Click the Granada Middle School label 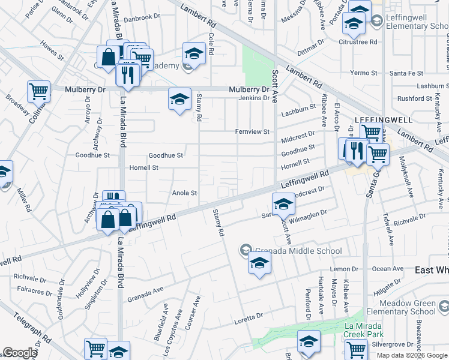[x=298, y=251]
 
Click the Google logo [x=20, y=353]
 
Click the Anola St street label [x=185, y=193]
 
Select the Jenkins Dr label [x=254, y=98]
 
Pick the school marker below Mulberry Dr [x=179, y=100]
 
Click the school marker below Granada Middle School [x=259, y=264]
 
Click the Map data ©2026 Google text [x=412, y=355]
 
